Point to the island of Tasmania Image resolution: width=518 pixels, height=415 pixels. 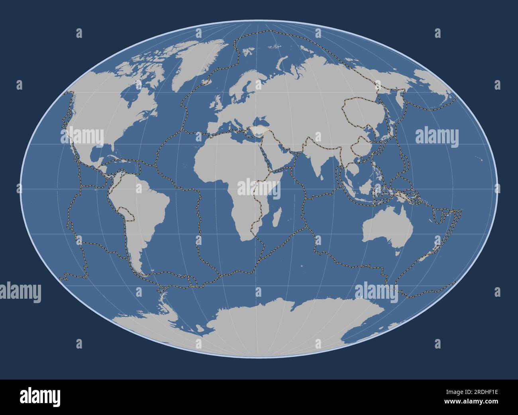[398, 252]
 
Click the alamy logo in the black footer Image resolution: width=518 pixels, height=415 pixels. [40, 397]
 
